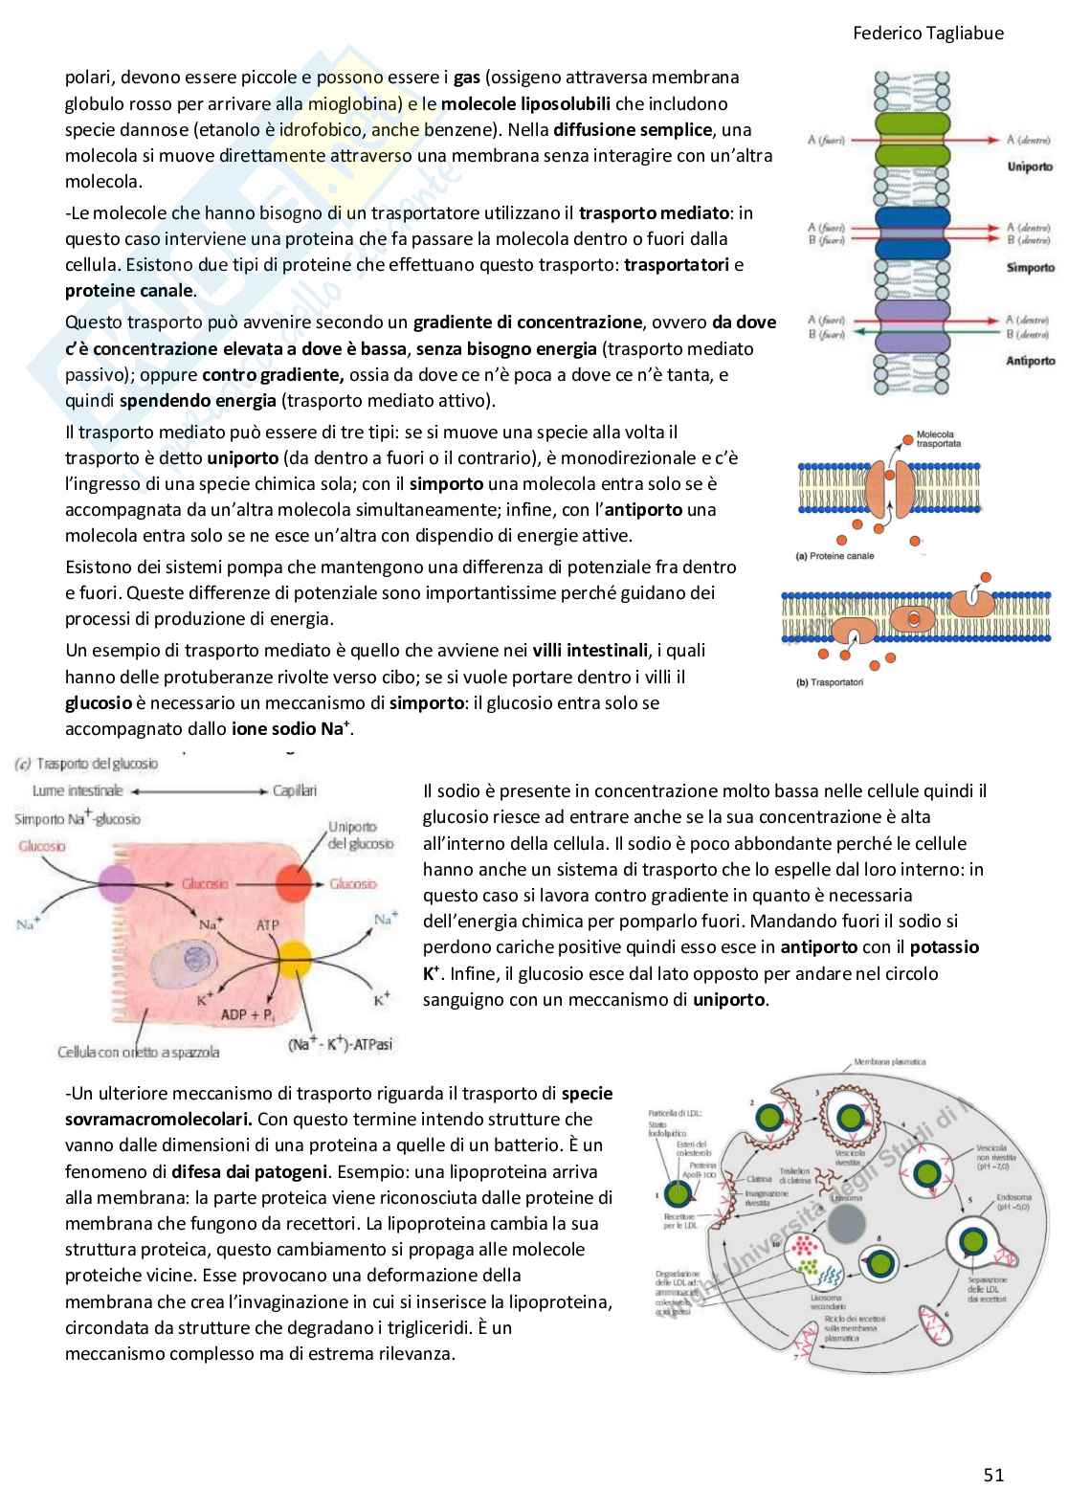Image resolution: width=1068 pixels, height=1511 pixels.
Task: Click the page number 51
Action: click(993, 1475)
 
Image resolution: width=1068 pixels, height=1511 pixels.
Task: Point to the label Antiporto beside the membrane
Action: click(1030, 361)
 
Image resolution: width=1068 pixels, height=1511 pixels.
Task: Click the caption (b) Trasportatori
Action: click(830, 682)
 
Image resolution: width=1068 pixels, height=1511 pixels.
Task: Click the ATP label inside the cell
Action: click(267, 925)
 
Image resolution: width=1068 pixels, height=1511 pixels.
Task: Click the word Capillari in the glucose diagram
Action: click(294, 790)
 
